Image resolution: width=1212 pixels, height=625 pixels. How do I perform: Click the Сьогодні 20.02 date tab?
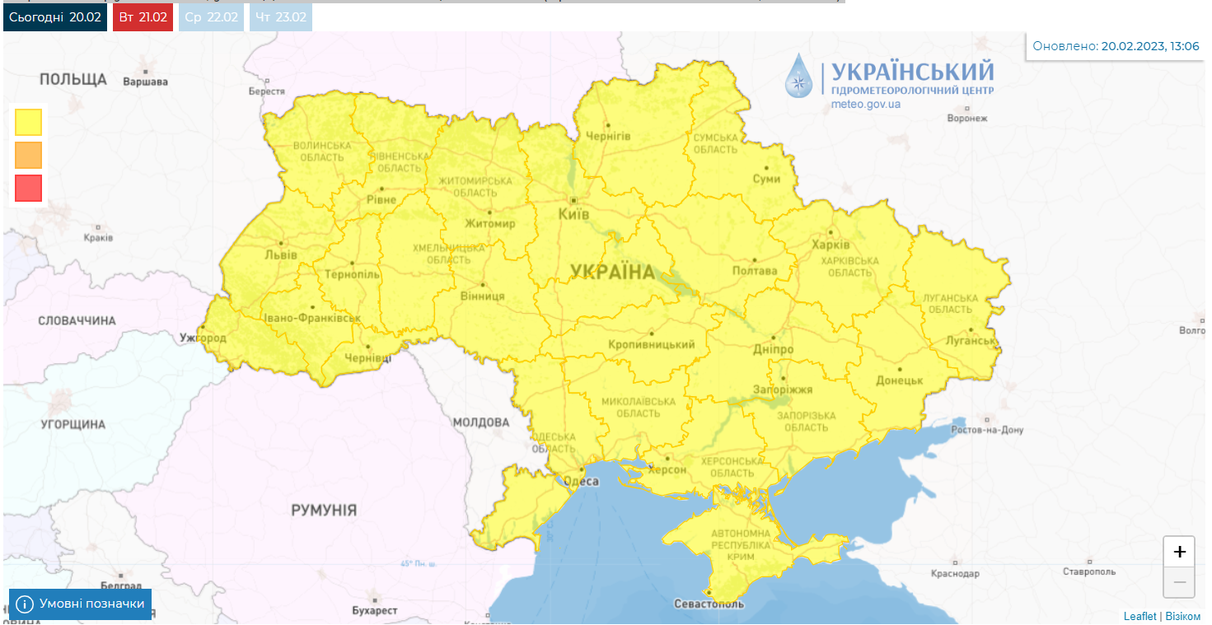coord(55,16)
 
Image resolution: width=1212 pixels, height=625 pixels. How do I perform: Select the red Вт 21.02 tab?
coord(143,16)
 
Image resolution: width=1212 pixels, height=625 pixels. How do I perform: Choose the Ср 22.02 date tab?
coord(211,16)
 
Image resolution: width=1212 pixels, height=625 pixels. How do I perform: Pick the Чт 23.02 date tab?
coord(280,16)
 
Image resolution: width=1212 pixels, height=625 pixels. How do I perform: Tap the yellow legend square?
coord(28,122)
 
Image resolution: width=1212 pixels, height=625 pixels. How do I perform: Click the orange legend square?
coord(28,155)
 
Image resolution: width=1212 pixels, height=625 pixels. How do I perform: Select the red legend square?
coord(28,188)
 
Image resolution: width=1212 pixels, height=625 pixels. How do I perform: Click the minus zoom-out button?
coord(1179,582)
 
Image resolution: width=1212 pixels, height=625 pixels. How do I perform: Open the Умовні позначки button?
coord(81,604)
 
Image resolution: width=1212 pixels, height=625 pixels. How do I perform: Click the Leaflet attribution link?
coord(1139,616)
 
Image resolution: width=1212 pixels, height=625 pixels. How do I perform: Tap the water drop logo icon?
coord(798,76)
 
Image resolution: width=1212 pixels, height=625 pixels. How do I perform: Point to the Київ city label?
coord(574,214)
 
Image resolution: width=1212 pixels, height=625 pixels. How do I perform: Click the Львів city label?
coord(281,254)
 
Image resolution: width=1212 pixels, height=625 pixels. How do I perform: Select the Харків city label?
coord(831,245)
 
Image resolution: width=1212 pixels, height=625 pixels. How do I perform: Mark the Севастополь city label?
coord(709,604)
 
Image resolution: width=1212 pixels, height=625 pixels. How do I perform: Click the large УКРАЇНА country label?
coord(612,272)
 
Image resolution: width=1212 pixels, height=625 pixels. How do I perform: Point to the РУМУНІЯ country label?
coord(324,511)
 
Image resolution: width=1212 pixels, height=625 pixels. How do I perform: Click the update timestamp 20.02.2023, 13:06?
coord(1150,46)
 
